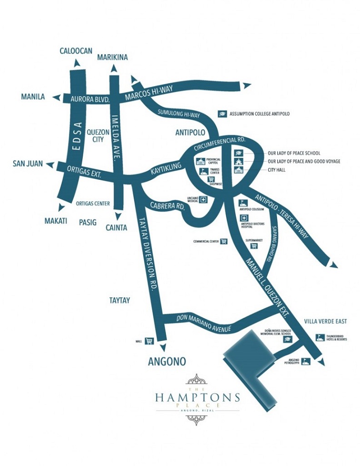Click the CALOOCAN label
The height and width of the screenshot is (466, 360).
[76, 50]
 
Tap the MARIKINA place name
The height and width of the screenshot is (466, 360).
[113, 58]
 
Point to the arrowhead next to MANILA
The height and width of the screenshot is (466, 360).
[56, 97]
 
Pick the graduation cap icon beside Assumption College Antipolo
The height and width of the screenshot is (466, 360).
[222, 114]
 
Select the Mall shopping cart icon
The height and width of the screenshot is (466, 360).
[149, 340]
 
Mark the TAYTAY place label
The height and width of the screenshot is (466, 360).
[119, 301]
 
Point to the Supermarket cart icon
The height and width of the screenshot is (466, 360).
[254, 246]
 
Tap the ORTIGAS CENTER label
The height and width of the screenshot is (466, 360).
[93, 204]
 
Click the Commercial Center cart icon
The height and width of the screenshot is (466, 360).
[224, 241]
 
